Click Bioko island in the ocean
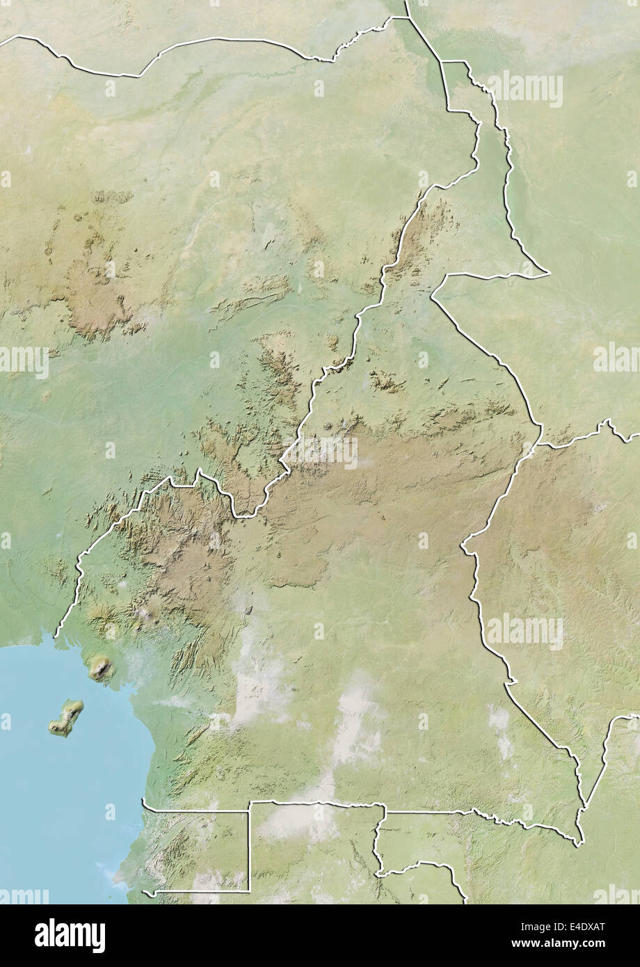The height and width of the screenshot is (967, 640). (66, 718)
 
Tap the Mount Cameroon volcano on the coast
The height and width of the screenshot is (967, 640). (101, 668)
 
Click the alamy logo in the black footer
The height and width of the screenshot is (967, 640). (70, 936)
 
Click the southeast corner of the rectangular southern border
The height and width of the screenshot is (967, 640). (249, 889)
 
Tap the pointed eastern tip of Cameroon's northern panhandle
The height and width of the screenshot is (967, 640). (549, 273)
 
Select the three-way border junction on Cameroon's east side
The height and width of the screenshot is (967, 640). (540, 443)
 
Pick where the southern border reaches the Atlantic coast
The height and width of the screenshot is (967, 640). (143, 801)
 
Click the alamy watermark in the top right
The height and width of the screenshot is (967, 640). (525, 88)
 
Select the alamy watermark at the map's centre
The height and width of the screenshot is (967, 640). (320, 452)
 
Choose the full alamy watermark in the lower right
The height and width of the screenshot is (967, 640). (525, 632)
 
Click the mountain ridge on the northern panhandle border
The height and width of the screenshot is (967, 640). (417, 237)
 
